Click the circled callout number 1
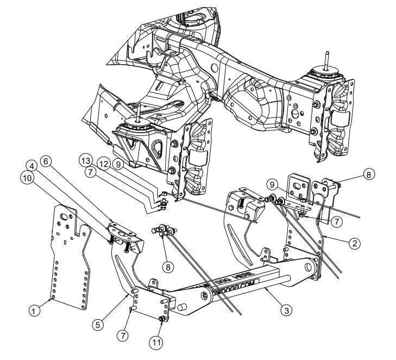35,311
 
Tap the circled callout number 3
286,311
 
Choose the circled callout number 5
98,325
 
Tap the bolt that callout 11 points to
161,319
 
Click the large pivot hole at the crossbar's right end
312,268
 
